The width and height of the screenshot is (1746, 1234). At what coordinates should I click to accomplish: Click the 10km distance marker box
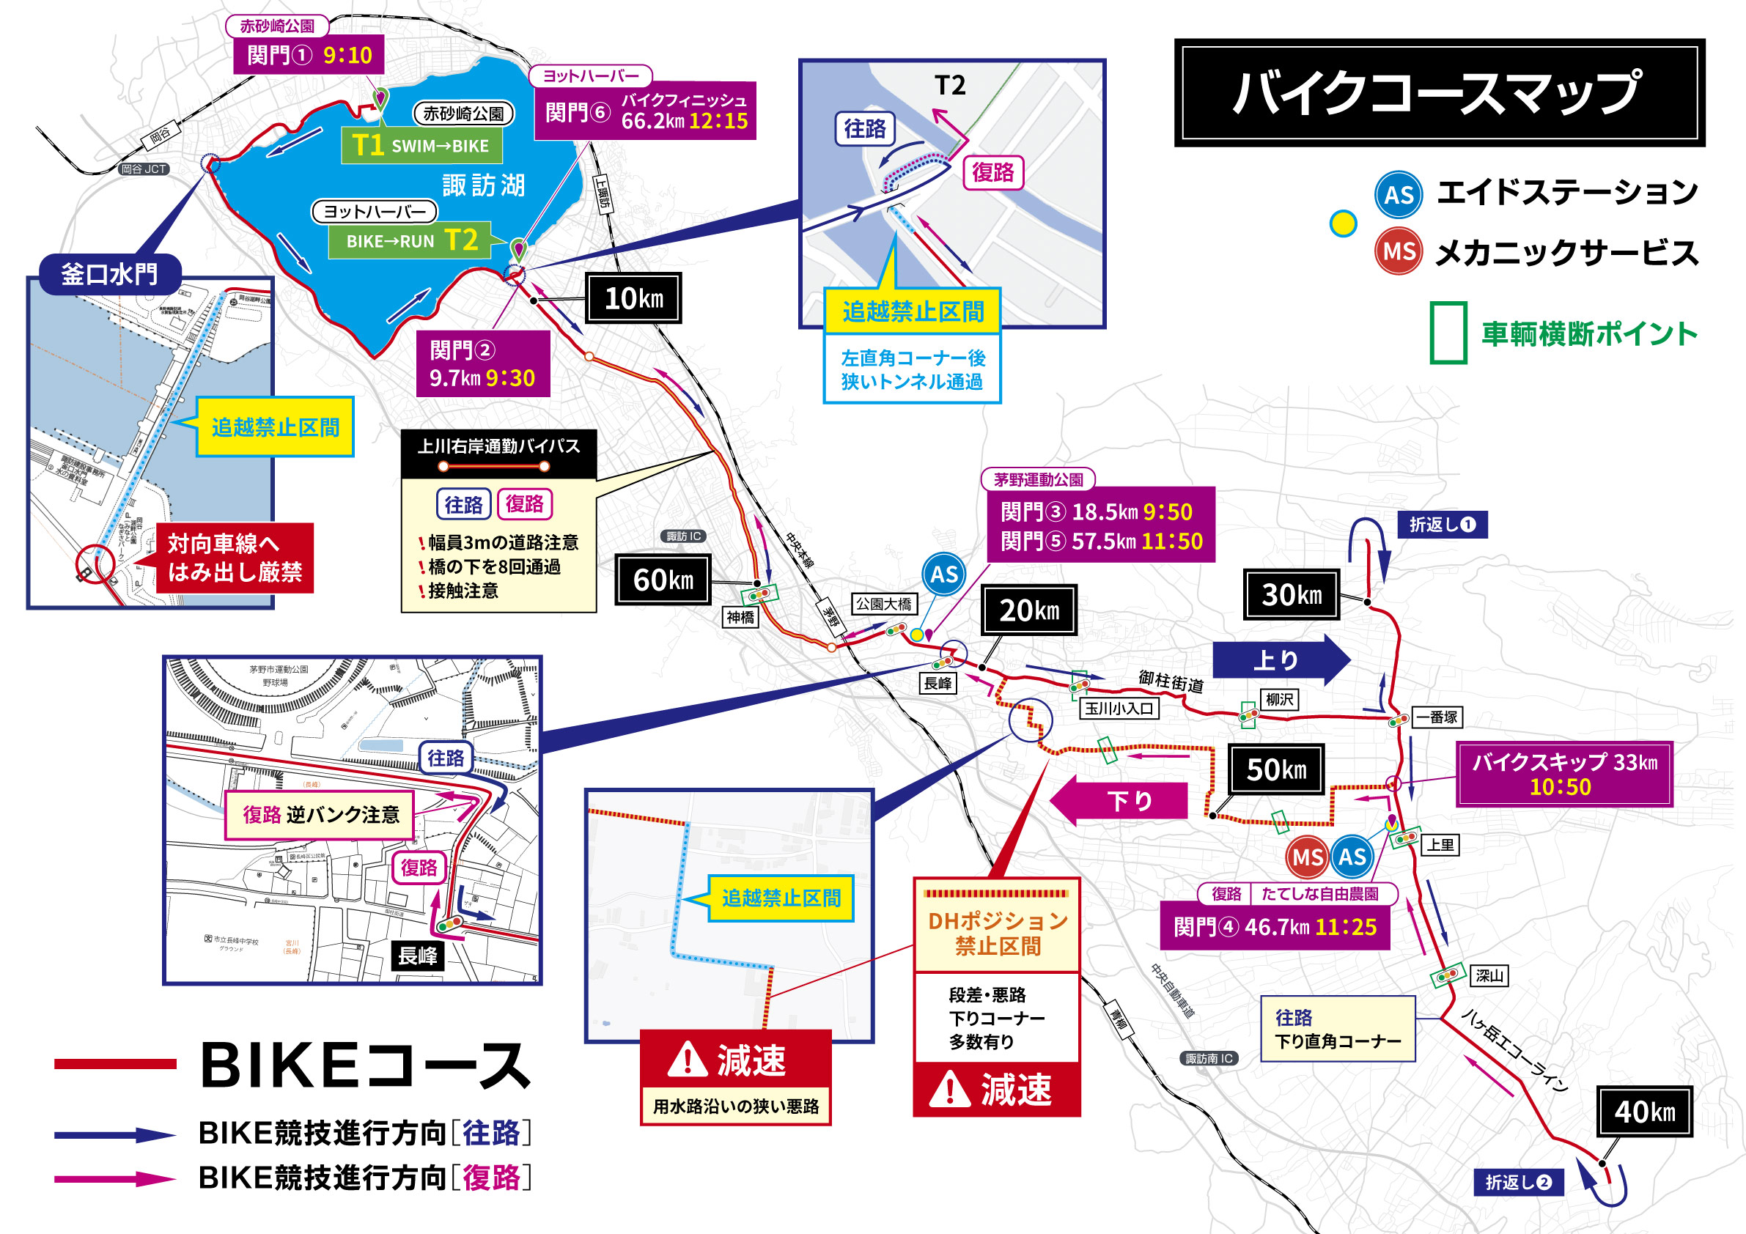coord(633,298)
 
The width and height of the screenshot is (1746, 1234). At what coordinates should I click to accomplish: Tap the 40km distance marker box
coord(1644,1111)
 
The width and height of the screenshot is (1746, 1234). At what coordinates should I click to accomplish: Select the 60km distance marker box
coord(663,580)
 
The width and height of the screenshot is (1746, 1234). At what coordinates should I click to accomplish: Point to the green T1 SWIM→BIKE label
coord(421,145)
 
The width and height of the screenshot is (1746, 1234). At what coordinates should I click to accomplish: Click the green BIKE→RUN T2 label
coord(410,240)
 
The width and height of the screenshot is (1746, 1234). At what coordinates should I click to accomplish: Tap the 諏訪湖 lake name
coord(484,185)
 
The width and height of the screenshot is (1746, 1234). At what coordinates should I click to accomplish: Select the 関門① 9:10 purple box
coord(309,55)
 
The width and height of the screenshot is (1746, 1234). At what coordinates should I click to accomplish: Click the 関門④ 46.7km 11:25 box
coord(1275,927)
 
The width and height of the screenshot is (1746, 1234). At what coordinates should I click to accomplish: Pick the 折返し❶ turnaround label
coord(1442,524)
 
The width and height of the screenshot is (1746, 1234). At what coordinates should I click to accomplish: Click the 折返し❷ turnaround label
coord(1518,1181)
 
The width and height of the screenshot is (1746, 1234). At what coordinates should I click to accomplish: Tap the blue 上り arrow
coord(1281,660)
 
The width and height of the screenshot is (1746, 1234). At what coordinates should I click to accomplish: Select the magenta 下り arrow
coord(1119,800)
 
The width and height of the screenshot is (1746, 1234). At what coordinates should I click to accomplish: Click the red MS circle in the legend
coord(1398,251)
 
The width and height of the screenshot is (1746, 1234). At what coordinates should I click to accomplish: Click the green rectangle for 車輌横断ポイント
coord(1448,333)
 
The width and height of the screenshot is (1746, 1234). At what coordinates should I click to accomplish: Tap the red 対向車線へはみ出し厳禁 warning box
coord(235,558)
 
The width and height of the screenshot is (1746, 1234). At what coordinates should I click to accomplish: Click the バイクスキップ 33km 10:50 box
coord(1563,773)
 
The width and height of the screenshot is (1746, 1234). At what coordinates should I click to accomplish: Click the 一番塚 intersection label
coord(1436,716)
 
